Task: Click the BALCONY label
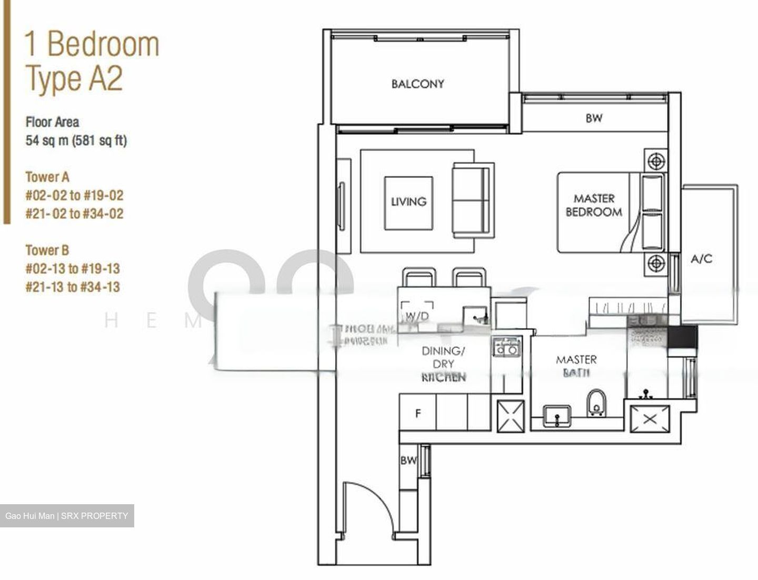pos(417,84)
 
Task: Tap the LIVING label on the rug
pos(408,202)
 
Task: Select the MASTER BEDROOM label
pos(594,205)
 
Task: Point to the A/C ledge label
pos(701,259)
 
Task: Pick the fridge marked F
pos(418,414)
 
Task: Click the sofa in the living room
pos(473,201)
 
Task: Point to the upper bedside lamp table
pos(655,161)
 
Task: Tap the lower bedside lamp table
pos(655,262)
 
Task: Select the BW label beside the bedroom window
pos(594,118)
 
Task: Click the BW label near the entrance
pos(408,461)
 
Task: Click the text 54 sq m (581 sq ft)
pos(76,141)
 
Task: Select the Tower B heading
pos(47,250)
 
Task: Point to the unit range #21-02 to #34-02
pos(74,214)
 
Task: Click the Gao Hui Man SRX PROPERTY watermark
pos(67,516)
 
